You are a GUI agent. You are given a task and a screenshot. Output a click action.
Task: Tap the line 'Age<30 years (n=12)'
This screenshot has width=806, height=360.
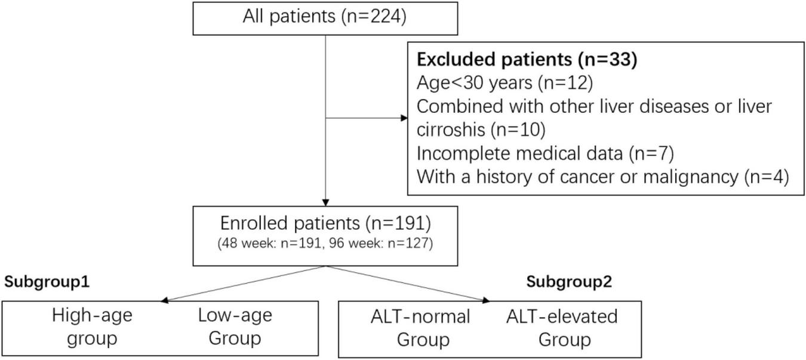[504, 83]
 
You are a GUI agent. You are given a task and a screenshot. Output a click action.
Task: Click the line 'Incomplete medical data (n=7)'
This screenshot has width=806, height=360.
[545, 154]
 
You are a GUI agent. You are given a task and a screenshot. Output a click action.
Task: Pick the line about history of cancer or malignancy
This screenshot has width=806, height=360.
[603, 177]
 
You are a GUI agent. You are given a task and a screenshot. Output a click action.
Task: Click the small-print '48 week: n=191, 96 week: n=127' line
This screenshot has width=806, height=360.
[325, 245]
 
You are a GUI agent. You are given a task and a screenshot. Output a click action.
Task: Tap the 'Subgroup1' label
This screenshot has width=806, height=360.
[47, 282]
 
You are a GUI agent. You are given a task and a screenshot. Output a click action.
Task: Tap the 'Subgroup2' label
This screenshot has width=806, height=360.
[569, 282]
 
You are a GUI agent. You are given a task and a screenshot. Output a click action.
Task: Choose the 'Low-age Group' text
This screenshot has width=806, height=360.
[235, 327]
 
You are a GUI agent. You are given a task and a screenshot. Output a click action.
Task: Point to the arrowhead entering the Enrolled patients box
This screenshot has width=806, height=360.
[325, 202]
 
